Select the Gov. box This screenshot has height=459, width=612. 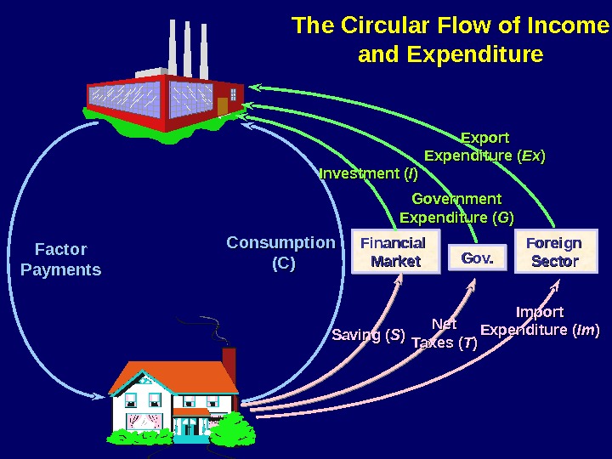pyautogui.click(x=477, y=258)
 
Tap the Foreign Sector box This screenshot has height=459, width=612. pyautogui.click(x=554, y=252)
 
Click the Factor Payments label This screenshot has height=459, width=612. pyautogui.click(x=60, y=259)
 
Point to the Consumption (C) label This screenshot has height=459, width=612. pyautogui.click(x=281, y=252)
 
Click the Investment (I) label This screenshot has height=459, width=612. pyautogui.click(x=369, y=174)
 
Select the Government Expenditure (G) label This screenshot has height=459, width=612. pyautogui.click(x=456, y=208)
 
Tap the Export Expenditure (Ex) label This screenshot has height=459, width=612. pyautogui.click(x=484, y=147)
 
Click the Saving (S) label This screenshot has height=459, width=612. pyautogui.click(x=368, y=334)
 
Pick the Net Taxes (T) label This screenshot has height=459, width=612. pyautogui.click(x=444, y=334)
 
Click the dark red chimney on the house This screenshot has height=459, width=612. pyautogui.click(x=229, y=360)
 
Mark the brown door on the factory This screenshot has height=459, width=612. pyautogui.click(x=223, y=106)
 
